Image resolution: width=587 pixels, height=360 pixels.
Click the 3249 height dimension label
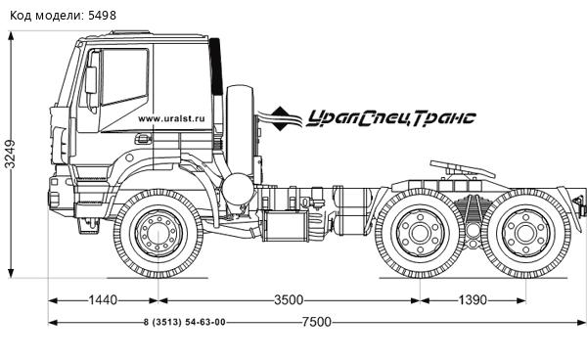point(10,155)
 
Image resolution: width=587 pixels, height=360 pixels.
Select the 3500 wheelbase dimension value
point(287,300)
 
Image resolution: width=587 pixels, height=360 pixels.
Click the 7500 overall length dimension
point(316,323)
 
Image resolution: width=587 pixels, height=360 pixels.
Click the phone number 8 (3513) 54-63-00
point(184,323)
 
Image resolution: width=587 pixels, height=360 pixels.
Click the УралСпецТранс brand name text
point(390,118)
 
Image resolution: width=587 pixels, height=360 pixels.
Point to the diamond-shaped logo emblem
point(285,118)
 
